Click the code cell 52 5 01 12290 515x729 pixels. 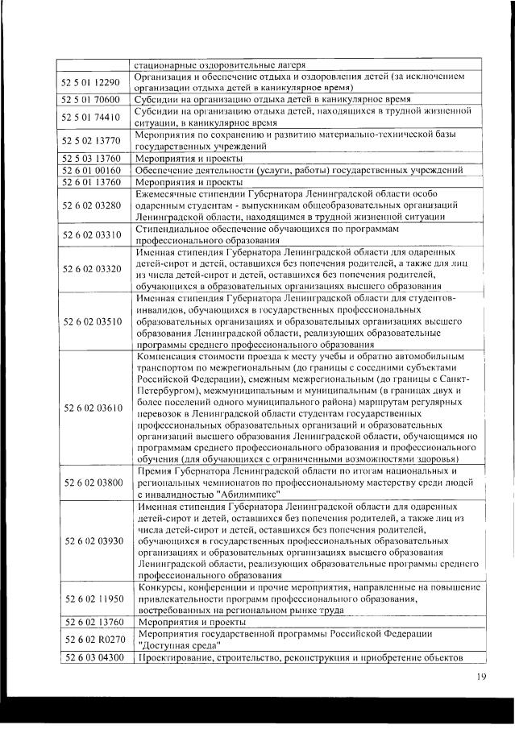90,82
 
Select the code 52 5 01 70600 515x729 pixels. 90,100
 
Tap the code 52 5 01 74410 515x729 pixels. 90,117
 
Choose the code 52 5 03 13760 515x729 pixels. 90,158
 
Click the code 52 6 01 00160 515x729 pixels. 90,170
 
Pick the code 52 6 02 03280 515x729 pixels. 90,205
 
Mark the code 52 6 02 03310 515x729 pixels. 90,234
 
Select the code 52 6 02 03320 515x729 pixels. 90,268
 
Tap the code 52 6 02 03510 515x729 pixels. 90,321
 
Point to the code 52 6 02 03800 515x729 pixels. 90,482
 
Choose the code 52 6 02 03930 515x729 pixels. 90,540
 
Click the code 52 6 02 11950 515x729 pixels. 90,599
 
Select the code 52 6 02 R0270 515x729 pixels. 90,640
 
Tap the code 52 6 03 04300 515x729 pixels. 90,658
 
